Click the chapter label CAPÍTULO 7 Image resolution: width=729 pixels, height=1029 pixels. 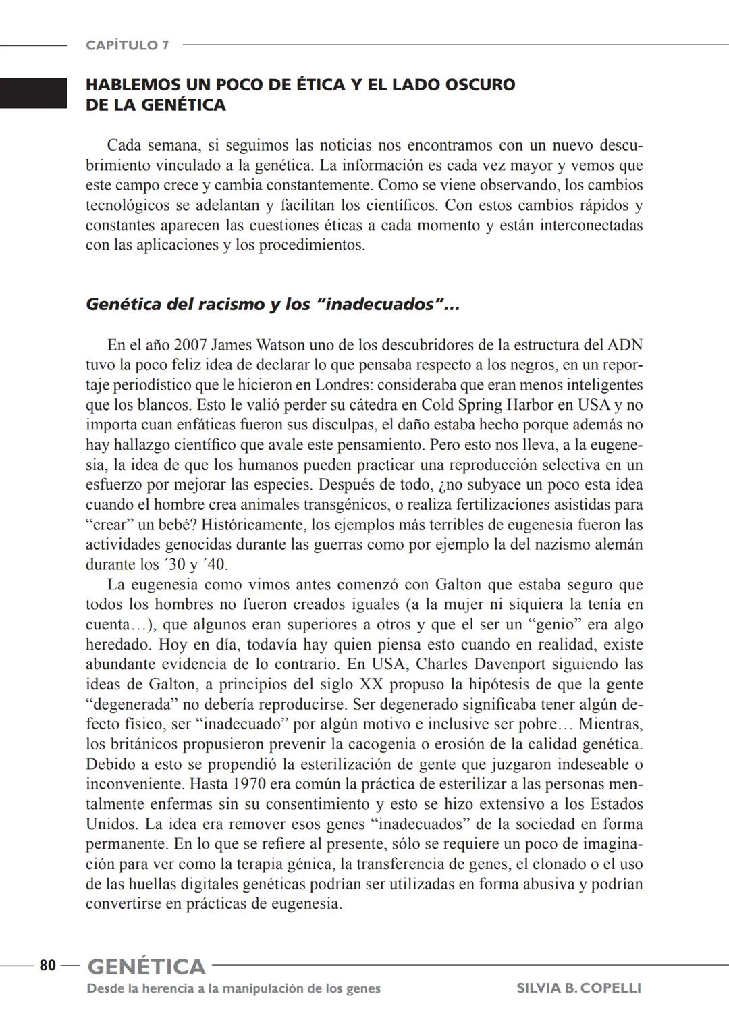(x=127, y=45)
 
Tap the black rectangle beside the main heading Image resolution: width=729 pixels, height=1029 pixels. (x=33, y=93)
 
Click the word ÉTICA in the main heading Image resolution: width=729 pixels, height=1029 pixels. (x=321, y=85)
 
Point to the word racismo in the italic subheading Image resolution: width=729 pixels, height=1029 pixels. (x=231, y=305)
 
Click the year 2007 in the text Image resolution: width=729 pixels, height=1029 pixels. (x=190, y=345)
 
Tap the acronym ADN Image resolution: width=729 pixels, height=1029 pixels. (x=624, y=345)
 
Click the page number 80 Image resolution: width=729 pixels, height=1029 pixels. (x=47, y=966)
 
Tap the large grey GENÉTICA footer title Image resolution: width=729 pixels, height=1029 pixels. (x=146, y=967)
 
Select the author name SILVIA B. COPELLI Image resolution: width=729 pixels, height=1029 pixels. (x=578, y=988)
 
